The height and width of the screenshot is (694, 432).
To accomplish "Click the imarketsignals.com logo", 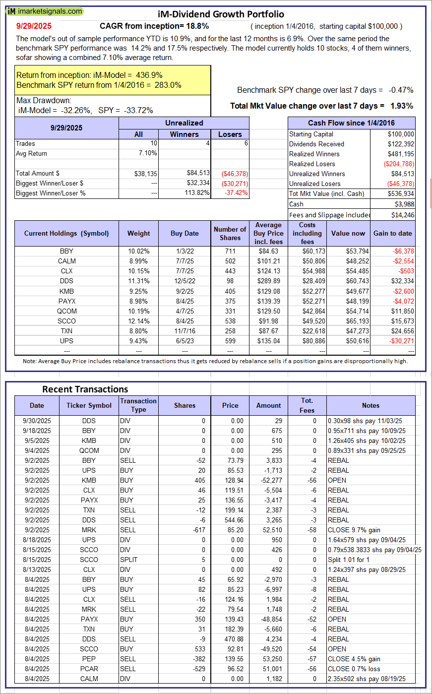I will tap(45, 11).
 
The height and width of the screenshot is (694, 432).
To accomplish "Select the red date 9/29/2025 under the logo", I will tap(33, 26).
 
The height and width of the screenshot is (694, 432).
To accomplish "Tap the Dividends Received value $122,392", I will tap(400, 144).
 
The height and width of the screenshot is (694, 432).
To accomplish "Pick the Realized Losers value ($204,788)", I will tap(398, 164).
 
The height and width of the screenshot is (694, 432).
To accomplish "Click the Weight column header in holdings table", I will tap(138, 233).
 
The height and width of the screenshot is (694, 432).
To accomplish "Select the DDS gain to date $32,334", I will tap(401, 281).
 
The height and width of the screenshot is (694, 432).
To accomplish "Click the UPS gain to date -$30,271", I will tap(401, 341).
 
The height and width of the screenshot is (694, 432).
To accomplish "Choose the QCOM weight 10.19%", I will tap(138, 311).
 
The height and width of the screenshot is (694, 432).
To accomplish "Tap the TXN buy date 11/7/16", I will tap(185, 331).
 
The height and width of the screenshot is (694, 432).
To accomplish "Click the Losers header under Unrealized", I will tap(230, 134).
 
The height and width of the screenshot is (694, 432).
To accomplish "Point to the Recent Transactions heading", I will tap(85, 389).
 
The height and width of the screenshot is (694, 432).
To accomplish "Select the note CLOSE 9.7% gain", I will tap(354, 530).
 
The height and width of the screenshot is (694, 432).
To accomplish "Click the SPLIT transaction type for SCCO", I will tap(128, 560).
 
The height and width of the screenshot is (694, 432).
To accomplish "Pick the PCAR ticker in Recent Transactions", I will tap(89, 669).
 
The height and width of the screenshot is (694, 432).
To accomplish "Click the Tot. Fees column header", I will tap(307, 405).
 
